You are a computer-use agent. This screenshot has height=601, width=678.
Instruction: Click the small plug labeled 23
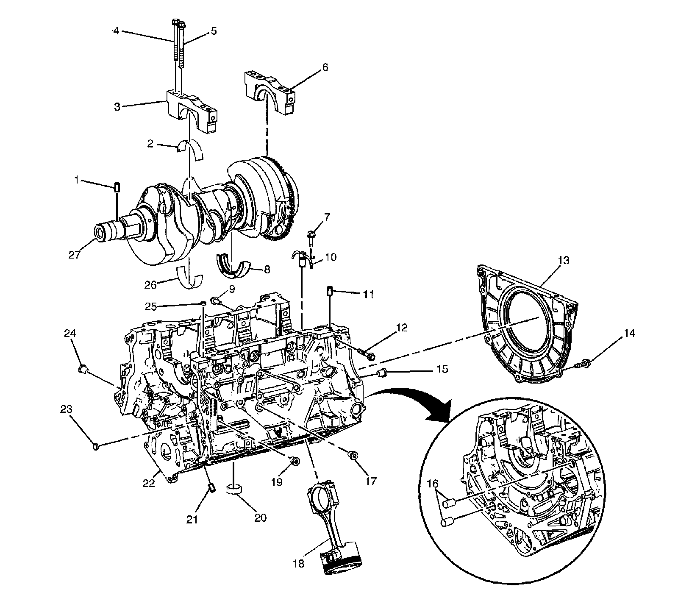point(95,446)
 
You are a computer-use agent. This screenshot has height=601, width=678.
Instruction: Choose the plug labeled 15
point(383,373)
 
